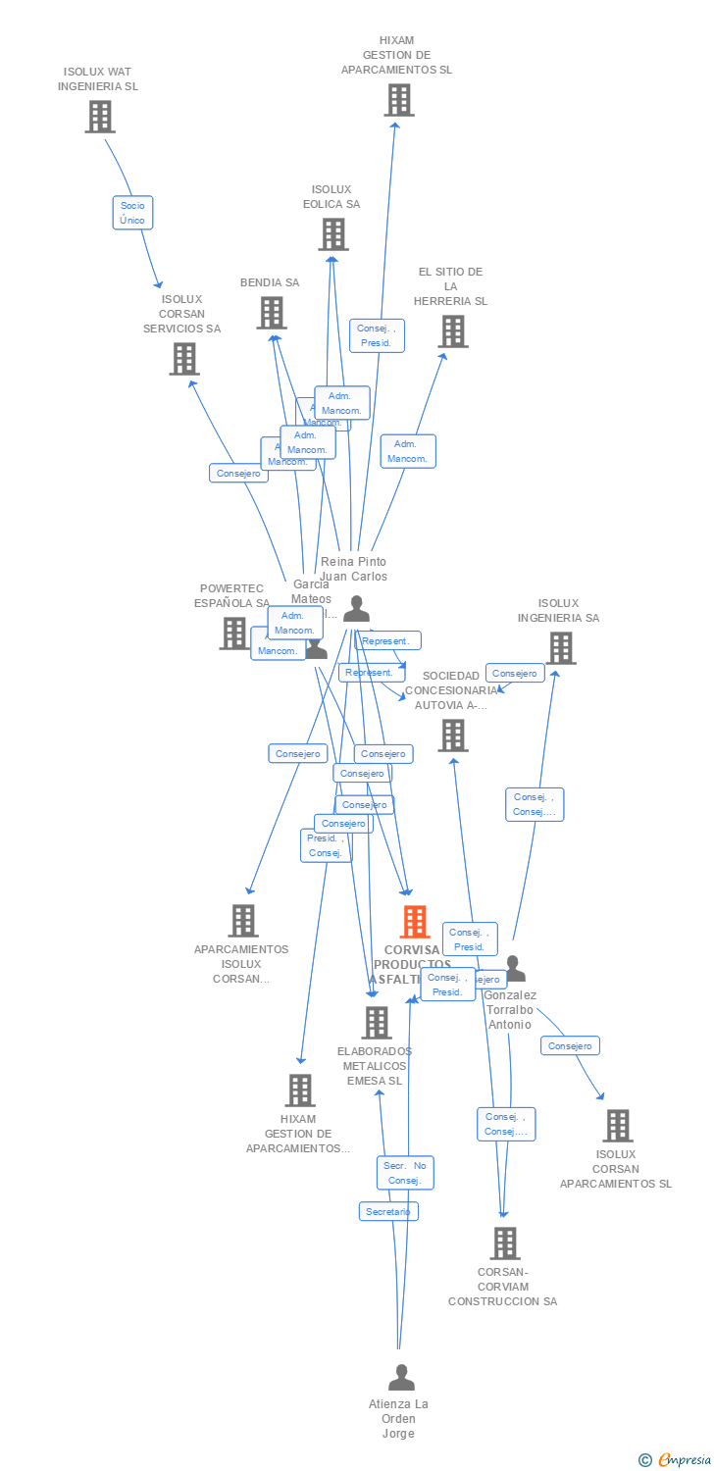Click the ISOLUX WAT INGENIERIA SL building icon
(99, 117)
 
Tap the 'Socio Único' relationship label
(132, 213)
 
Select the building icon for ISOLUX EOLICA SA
(332, 234)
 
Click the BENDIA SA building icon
(271, 313)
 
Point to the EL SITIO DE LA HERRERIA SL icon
(452, 331)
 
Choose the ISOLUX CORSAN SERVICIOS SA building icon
(183, 359)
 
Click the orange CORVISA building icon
(415, 922)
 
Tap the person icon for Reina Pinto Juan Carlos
(356, 609)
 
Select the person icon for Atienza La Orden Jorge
(400, 1378)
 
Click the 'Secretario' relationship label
(388, 1211)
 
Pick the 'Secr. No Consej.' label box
(405, 1173)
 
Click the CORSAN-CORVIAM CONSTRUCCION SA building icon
(504, 1243)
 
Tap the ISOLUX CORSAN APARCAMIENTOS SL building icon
(617, 1126)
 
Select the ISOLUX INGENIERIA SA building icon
(560, 647)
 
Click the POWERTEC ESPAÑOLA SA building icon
(233, 633)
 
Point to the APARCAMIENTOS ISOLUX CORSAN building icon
(243, 921)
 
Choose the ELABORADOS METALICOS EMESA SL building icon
(376, 1023)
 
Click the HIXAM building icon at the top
(398, 100)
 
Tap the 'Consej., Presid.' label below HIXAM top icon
(377, 335)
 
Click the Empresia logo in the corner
(675, 1460)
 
